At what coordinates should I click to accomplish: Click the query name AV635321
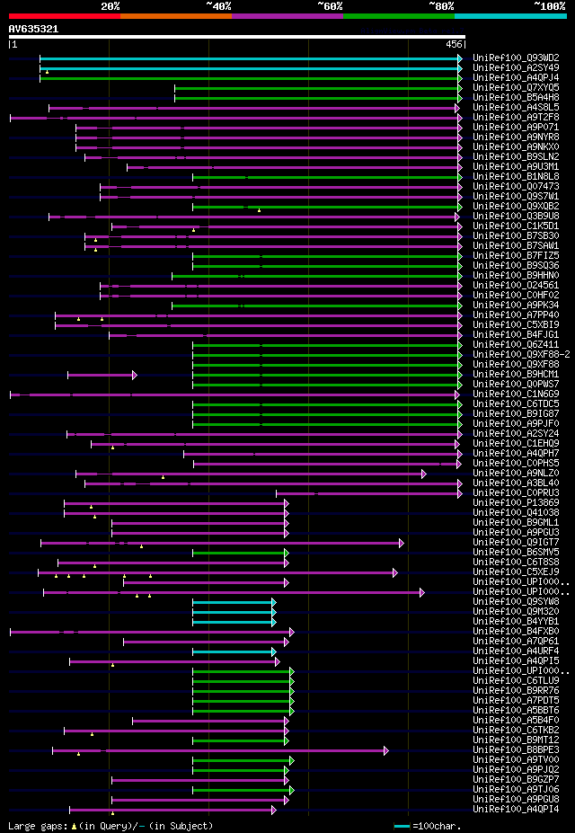pos(33,29)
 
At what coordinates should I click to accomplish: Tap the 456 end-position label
pos(454,44)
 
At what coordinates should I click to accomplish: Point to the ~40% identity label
pos(218,5)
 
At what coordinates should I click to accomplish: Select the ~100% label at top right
pos(549,5)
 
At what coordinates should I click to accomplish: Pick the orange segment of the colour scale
pos(175,15)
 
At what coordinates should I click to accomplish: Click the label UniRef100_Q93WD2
pos(516,58)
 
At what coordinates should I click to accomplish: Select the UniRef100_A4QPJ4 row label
pos(516,77)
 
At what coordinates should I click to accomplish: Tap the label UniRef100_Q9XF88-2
pos(521,354)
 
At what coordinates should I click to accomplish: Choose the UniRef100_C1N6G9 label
pos(516,394)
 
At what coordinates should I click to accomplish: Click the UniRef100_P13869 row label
pos(516,502)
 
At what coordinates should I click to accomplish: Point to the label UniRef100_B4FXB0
pos(516,631)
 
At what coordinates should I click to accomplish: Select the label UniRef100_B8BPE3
pos(516,749)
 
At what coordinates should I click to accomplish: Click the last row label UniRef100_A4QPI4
pos(516,809)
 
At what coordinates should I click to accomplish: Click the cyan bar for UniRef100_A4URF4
pos(234,651)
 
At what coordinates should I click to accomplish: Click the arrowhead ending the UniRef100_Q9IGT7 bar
pos(402,543)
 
